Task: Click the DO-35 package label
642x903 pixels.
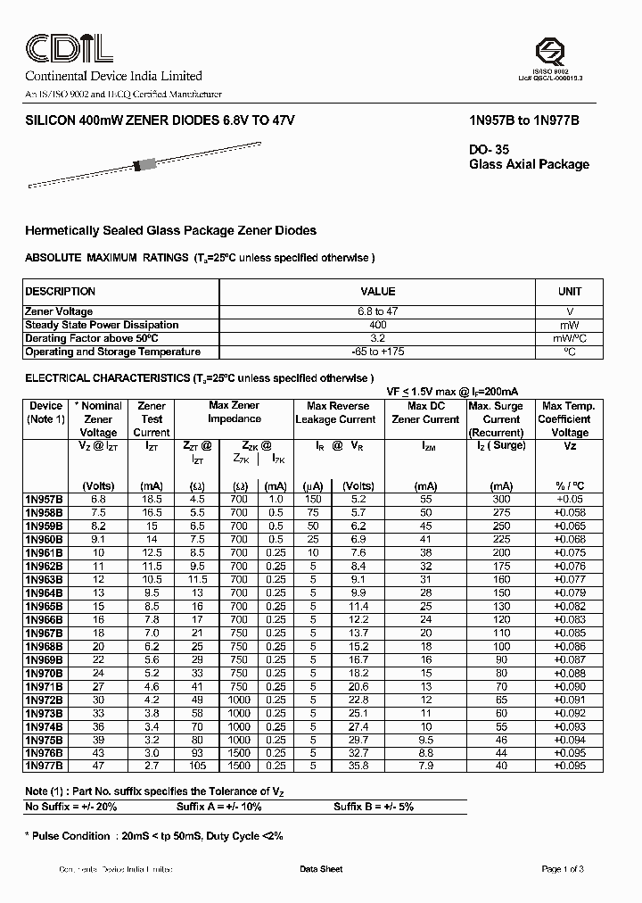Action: click(x=488, y=150)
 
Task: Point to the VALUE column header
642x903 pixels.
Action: click(x=377, y=292)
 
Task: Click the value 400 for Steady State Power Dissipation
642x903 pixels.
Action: click(x=377, y=325)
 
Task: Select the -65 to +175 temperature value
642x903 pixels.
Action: click(x=377, y=352)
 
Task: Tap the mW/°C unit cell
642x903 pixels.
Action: click(x=569, y=338)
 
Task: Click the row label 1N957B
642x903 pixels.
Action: click(x=45, y=500)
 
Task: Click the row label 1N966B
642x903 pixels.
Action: click(x=45, y=618)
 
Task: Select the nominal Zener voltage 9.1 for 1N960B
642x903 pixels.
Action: click(x=98, y=539)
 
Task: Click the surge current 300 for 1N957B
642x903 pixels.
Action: click(x=501, y=500)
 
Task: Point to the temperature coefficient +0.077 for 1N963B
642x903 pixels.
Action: click(x=569, y=579)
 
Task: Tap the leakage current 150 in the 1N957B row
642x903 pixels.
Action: click(x=313, y=500)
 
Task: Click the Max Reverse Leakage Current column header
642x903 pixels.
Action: click(x=335, y=412)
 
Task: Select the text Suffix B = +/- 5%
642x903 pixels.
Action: click(x=374, y=806)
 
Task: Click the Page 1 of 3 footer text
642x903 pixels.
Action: click(x=563, y=869)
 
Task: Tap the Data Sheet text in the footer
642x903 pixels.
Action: click(x=320, y=869)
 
